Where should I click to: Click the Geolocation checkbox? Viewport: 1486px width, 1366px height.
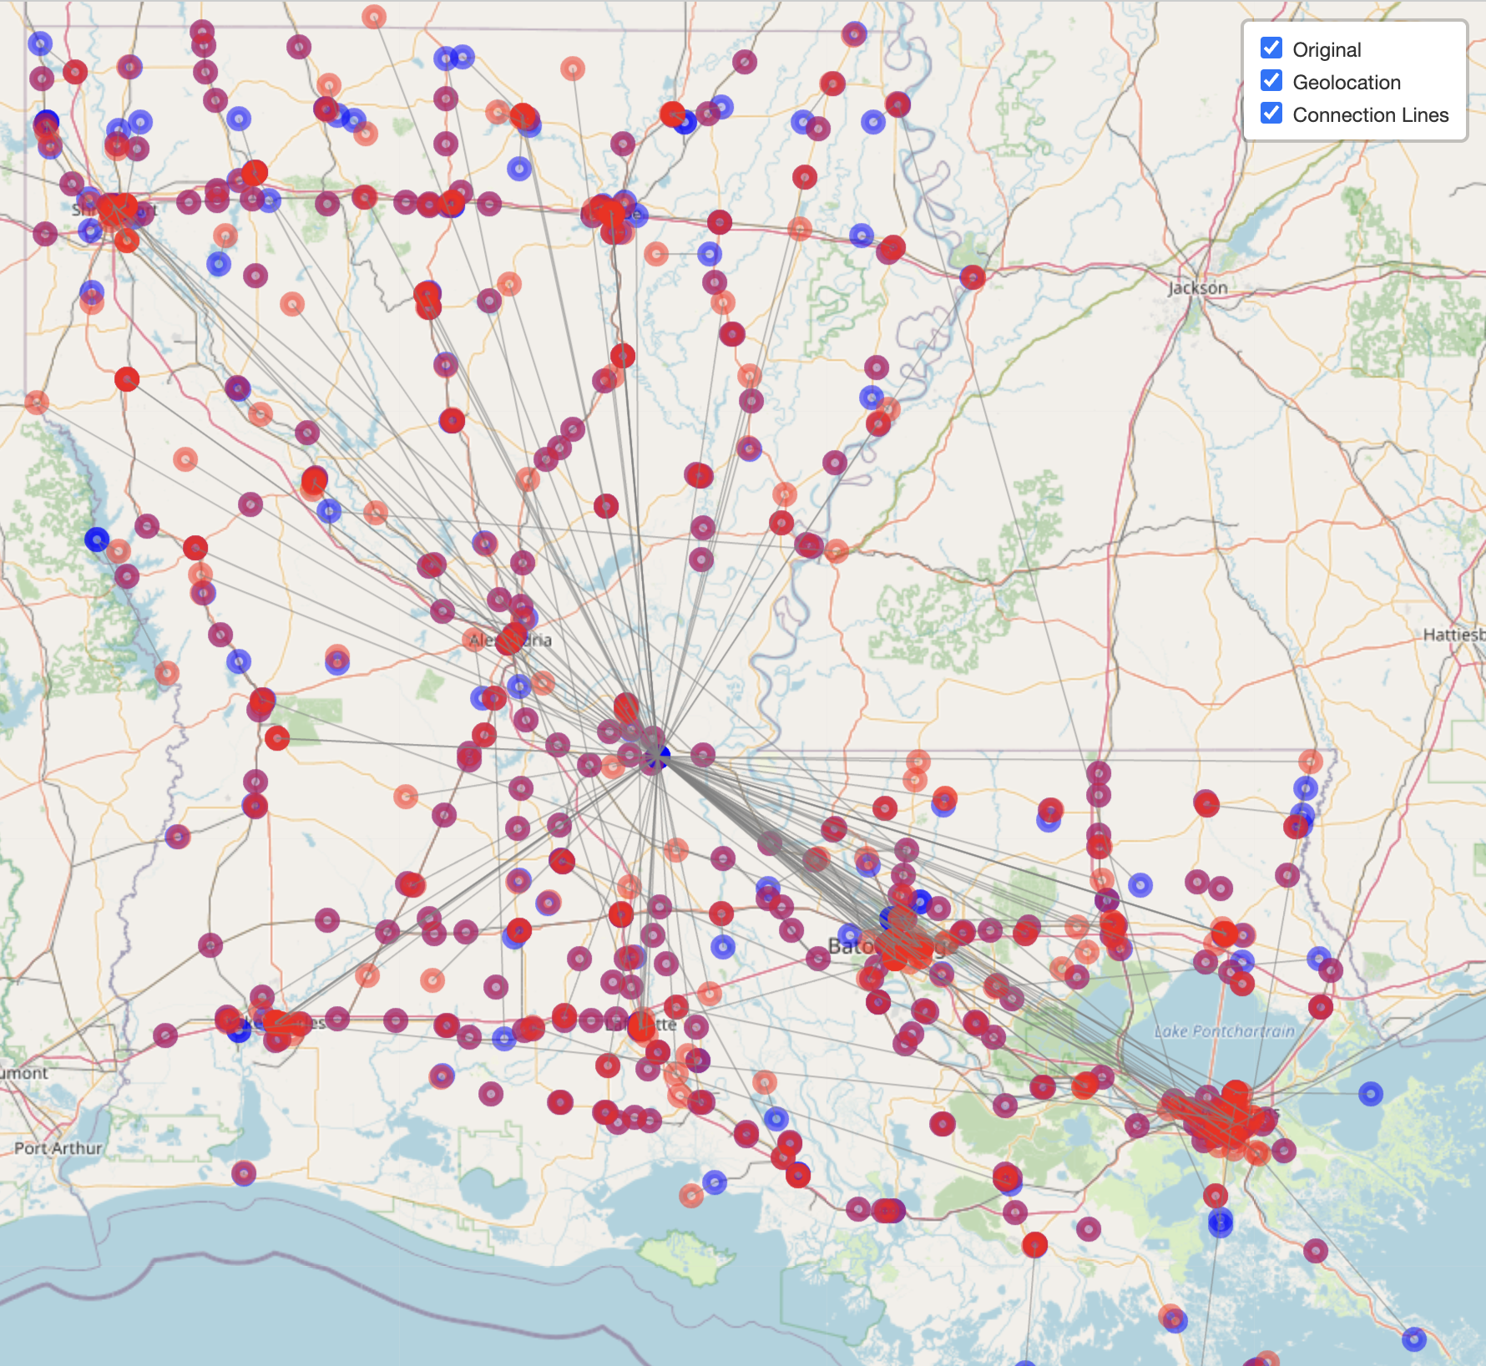[1271, 80]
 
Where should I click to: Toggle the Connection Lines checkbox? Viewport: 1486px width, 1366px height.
[1271, 113]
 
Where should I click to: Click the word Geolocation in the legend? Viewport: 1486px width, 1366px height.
[1346, 82]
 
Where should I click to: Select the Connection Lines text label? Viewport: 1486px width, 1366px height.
[1370, 114]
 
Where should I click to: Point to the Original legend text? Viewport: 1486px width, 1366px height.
[1326, 49]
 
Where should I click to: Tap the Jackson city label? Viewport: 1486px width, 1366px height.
[1197, 287]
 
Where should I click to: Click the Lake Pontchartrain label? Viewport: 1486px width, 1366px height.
[1224, 1031]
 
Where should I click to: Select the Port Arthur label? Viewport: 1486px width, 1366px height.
[58, 1148]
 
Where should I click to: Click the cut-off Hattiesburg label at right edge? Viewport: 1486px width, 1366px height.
[1453, 635]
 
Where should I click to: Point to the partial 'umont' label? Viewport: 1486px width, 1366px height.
[23, 1073]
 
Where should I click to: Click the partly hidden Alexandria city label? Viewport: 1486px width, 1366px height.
[510, 640]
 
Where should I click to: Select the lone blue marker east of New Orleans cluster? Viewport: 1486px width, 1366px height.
[1370, 1093]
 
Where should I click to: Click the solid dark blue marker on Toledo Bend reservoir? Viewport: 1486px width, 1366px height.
[97, 539]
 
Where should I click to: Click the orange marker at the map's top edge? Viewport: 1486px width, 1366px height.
[373, 16]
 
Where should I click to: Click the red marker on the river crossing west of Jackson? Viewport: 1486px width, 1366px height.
[972, 277]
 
